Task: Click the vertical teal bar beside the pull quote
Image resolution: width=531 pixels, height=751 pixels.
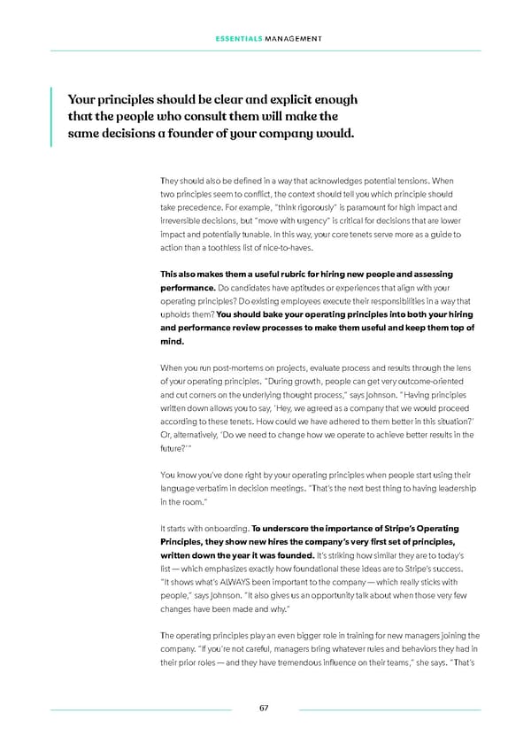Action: (x=52, y=117)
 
